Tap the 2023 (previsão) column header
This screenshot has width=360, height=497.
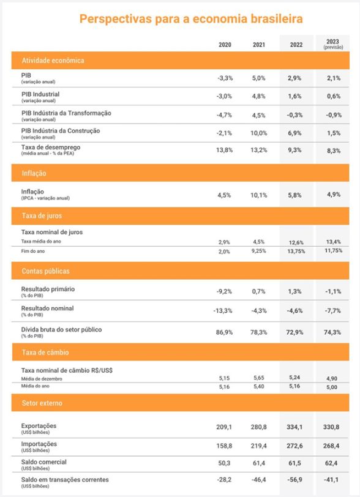[x=333, y=43]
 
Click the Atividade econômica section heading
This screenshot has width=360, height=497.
[x=53, y=61]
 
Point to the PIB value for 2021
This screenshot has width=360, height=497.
[x=259, y=78]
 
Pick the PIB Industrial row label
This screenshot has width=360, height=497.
[x=40, y=94]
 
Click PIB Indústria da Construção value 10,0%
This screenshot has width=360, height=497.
[x=259, y=133]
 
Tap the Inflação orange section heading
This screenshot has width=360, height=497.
[x=34, y=173]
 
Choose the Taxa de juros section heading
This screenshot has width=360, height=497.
[x=42, y=216]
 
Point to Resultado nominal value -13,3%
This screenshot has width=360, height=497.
[x=222, y=311]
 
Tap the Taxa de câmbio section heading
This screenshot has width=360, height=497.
[x=45, y=353]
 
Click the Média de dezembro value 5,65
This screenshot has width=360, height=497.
[x=259, y=378]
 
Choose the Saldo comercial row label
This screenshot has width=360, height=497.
[x=44, y=461]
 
